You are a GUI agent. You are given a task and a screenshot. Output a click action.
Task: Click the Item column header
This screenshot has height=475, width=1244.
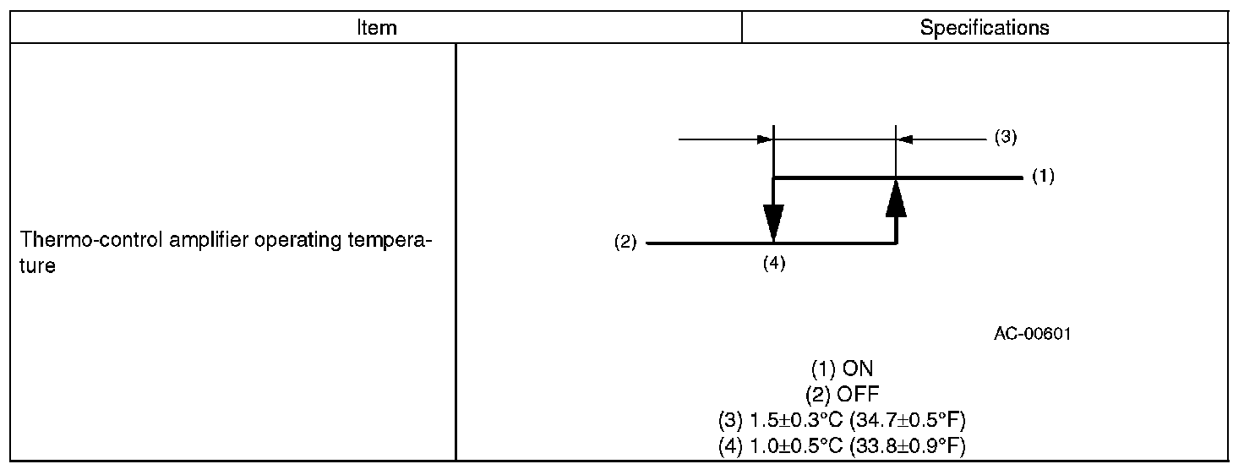376,28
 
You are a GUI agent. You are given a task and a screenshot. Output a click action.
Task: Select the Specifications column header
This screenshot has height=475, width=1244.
985,28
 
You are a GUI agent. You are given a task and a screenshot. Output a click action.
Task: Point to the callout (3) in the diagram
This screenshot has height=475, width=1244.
1004,138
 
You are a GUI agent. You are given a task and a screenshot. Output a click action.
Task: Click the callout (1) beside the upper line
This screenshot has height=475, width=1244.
1043,177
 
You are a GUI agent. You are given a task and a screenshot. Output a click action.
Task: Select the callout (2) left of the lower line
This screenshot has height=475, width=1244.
625,243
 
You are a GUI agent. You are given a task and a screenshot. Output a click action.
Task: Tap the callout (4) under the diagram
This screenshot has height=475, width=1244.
774,263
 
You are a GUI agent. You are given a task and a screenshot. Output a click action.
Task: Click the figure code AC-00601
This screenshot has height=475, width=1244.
1032,334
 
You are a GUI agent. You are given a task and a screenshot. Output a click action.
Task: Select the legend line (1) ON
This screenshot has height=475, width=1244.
842,369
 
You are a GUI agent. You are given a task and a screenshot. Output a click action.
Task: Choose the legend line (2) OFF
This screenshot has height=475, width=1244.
842,394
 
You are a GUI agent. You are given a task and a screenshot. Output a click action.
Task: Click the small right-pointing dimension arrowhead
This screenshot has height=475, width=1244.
766,139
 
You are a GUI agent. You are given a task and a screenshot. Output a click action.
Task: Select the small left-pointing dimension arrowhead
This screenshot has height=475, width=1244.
904,139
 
